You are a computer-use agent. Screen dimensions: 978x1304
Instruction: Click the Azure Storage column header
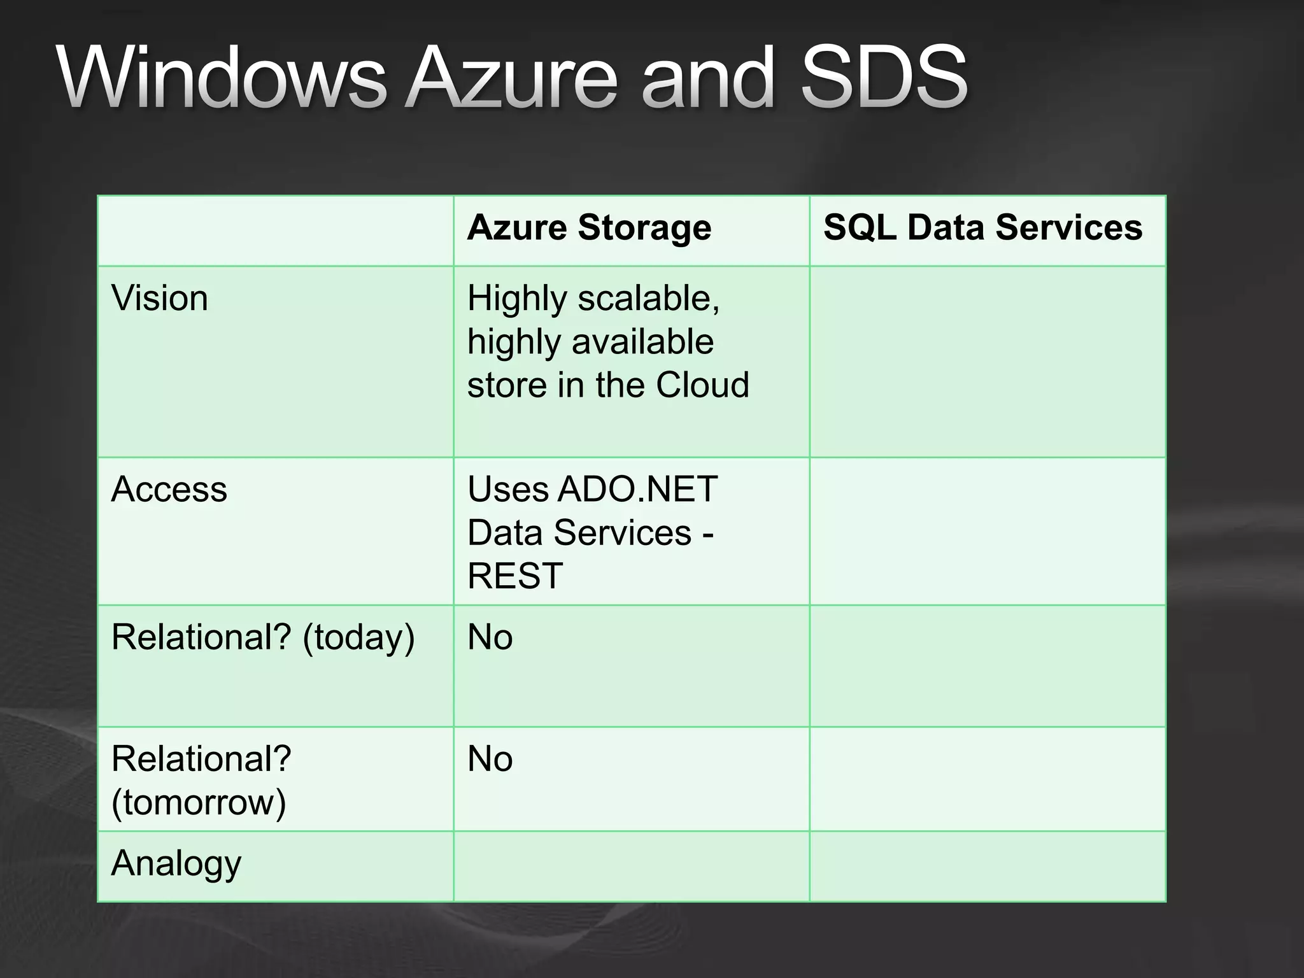(589, 228)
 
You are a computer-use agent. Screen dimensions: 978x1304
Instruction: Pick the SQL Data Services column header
(982, 228)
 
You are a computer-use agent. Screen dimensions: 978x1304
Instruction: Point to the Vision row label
(159, 298)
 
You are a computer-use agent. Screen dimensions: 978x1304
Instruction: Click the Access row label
(169, 490)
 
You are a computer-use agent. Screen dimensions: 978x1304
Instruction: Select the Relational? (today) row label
(262, 637)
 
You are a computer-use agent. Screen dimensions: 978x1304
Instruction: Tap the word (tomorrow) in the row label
(199, 802)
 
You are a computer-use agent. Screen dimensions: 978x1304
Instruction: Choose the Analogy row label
(176, 864)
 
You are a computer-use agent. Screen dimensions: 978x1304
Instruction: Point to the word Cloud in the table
(702, 385)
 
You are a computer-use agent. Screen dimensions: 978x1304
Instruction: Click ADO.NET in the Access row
(637, 490)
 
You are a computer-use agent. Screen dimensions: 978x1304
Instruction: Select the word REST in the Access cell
(515, 576)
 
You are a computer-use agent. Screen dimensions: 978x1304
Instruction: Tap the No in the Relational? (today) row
(490, 637)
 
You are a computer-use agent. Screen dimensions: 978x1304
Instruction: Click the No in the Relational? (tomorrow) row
(490, 759)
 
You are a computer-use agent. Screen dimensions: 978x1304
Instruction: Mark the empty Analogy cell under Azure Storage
(631, 867)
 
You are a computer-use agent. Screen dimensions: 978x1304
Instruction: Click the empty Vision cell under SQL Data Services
(988, 362)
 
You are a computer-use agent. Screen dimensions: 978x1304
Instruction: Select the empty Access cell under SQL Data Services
(988, 531)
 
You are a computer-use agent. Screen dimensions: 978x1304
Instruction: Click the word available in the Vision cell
(643, 341)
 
